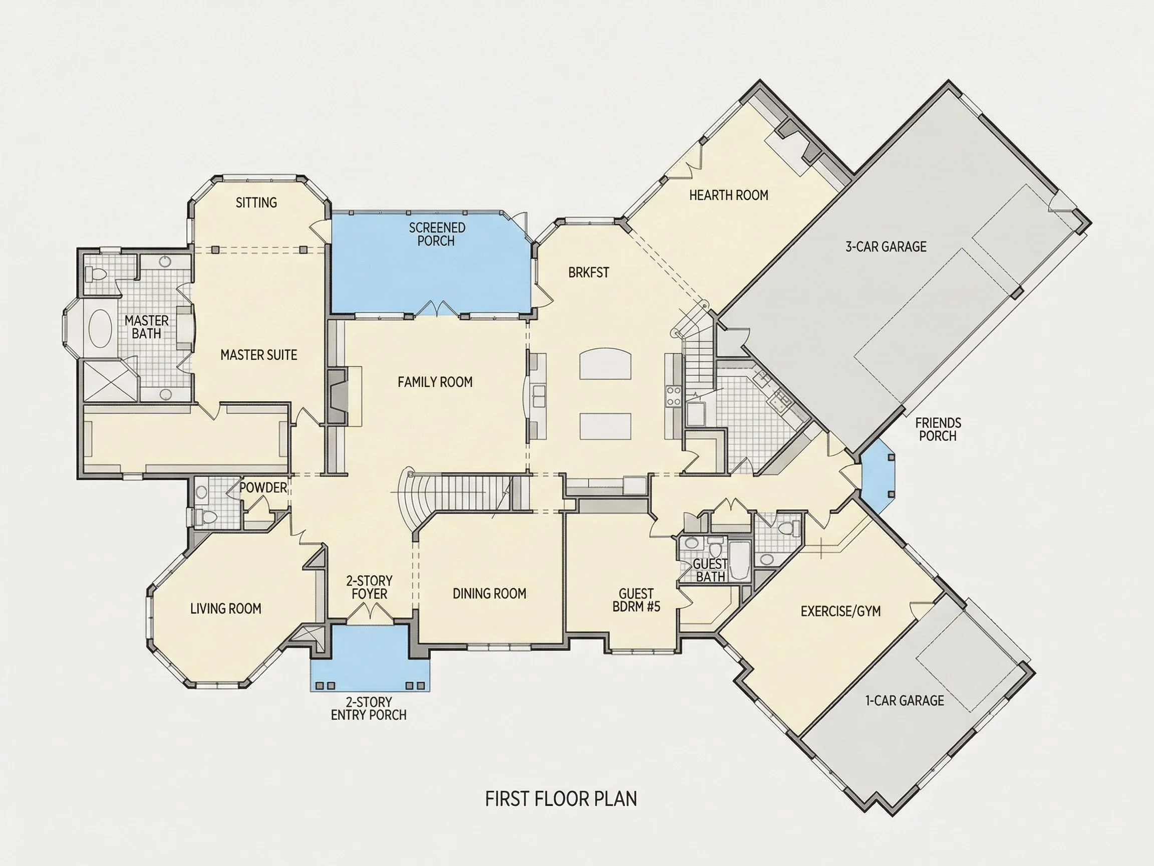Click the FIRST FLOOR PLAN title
[x=561, y=799]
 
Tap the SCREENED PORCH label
[x=437, y=235]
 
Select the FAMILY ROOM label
[x=435, y=382]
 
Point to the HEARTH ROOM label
[x=729, y=195]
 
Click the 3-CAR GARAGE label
[x=886, y=247]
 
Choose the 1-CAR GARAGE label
[x=905, y=701]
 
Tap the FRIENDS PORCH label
[x=938, y=429]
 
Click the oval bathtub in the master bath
[x=100, y=329]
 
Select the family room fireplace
[x=338, y=397]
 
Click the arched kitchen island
[x=605, y=365]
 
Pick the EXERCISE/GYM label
[x=840, y=611]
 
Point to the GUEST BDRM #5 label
[x=637, y=600]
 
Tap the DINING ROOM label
[x=489, y=593]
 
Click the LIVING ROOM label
[x=225, y=608]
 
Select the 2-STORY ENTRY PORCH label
[x=369, y=708]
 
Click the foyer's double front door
[x=370, y=611]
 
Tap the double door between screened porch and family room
[x=437, y=309]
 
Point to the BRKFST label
[x=589, y=273]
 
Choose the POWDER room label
[x=263, y=488]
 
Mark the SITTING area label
[x=256, y=202]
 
